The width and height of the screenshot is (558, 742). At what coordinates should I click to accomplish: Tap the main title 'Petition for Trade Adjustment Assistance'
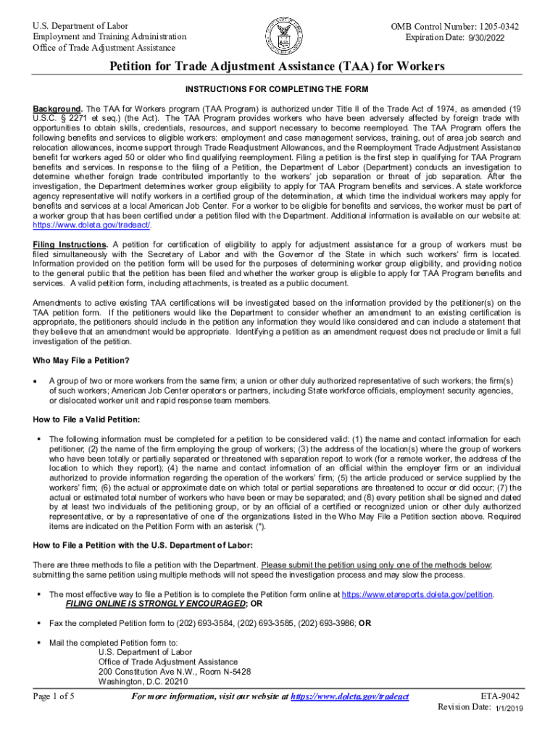pos(278,67)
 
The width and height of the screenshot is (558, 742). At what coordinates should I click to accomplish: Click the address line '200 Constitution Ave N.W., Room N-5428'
pos(175,672)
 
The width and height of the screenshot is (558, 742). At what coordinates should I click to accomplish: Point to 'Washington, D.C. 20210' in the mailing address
pos(143,682)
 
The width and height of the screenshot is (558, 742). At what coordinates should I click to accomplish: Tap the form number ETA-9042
pos(500,696)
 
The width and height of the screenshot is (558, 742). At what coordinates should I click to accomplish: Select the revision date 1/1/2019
pos(510,708)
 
